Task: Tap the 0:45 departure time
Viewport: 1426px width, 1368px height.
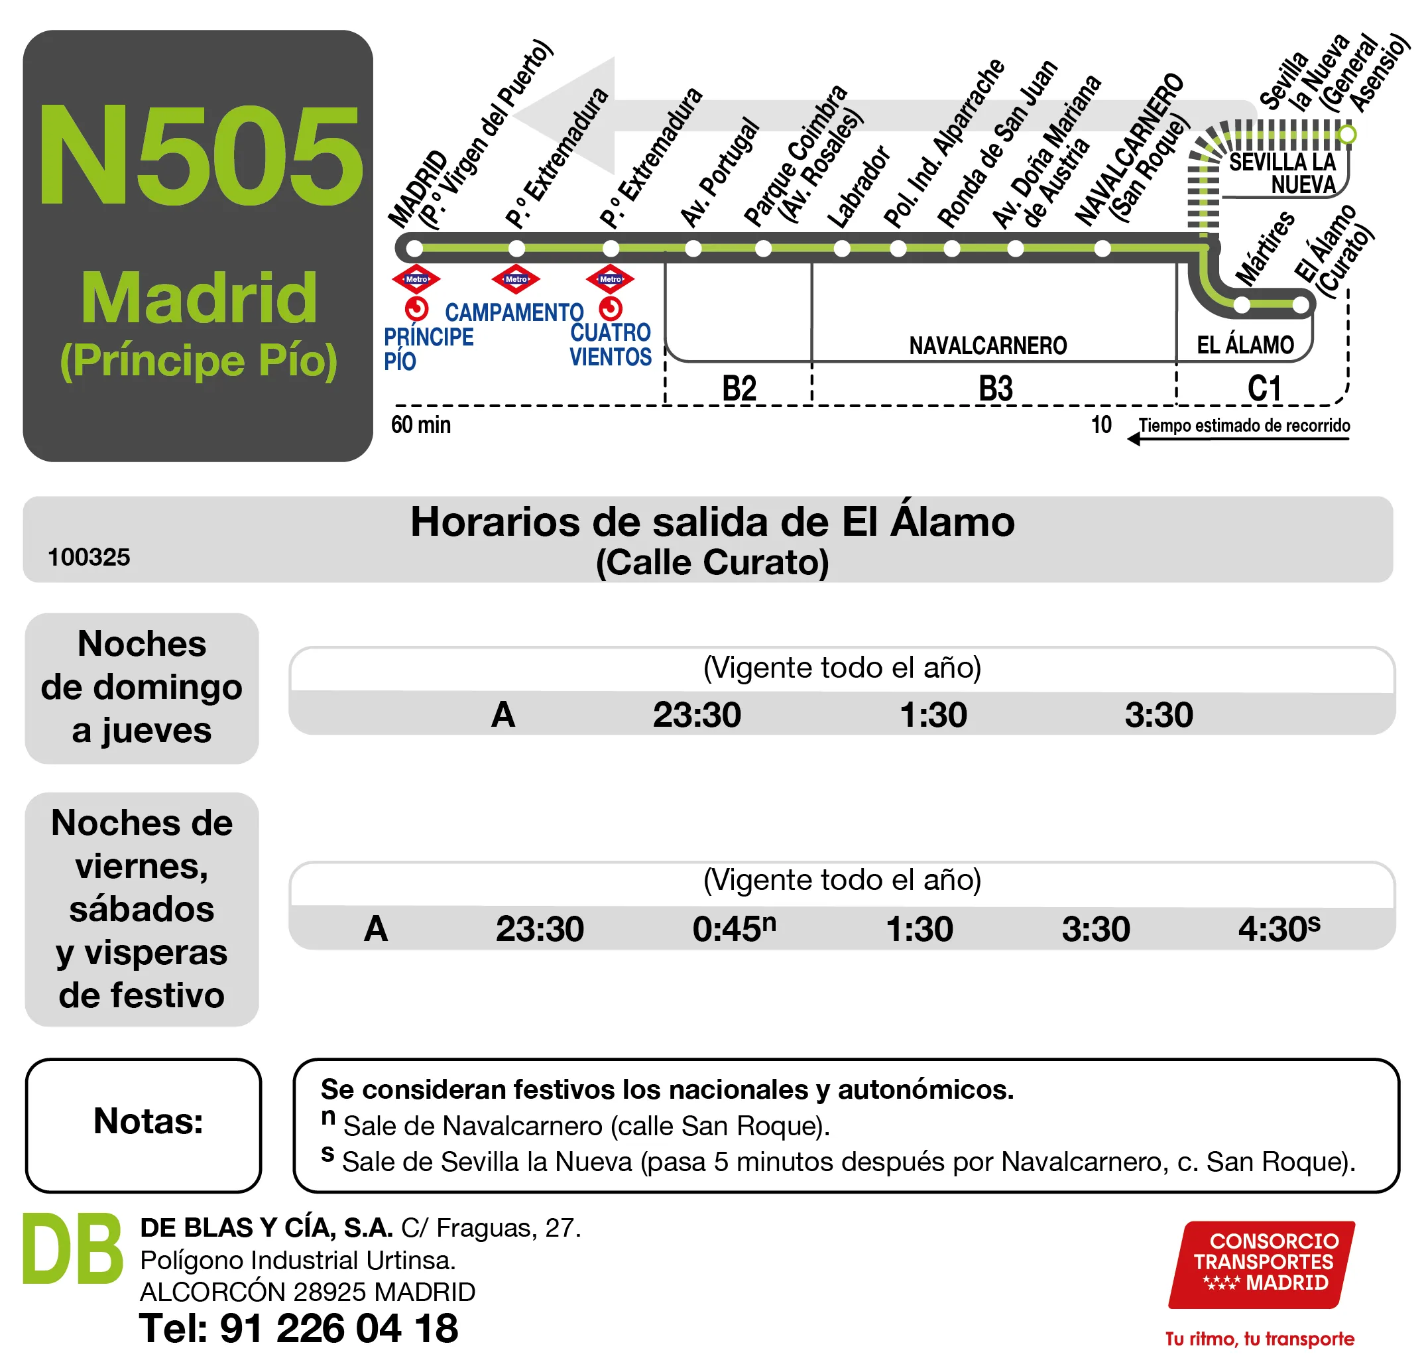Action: (733, 928)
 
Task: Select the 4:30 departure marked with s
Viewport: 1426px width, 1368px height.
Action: (1278, 928)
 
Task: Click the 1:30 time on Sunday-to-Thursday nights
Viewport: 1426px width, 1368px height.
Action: (933, 715)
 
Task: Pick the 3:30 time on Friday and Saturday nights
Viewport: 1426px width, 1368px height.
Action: (1096, 929)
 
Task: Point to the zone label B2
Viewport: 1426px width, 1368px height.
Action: (739, 388)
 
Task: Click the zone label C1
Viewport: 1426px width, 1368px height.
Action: (1264, 388)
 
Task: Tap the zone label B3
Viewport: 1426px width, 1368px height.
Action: (995, 388)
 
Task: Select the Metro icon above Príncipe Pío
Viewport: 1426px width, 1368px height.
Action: (416, 279)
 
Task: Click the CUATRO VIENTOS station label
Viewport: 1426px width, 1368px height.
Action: (611, 344)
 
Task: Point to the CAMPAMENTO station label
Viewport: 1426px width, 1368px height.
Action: (514, 312)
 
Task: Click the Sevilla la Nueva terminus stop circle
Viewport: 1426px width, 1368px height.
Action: (1347, 134)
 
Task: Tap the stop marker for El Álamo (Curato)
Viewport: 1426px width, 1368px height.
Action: (1301, 305)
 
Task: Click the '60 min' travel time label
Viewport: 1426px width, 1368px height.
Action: (420, 424)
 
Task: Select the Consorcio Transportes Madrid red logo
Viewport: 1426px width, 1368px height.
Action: (1262, 1264)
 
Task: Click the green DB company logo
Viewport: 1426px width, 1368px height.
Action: (73, 1249)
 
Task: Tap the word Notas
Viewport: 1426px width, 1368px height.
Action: (148, 1121)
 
